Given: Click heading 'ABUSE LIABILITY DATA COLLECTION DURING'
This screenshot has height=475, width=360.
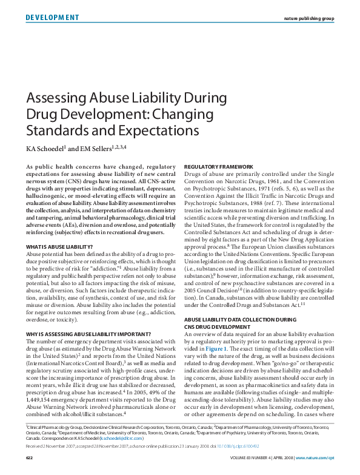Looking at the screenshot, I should (x=242, y=317).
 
